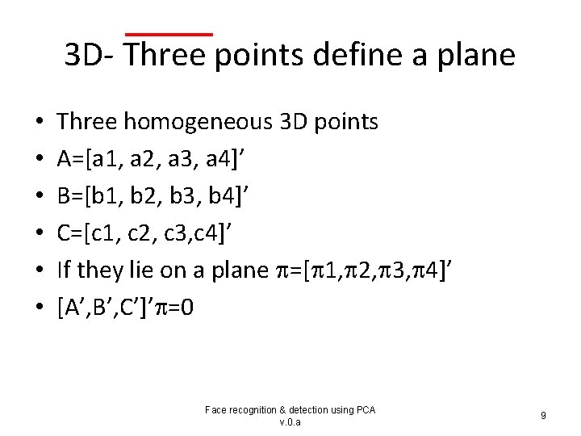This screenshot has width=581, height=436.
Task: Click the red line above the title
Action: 169,34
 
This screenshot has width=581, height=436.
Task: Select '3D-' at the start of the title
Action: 91,55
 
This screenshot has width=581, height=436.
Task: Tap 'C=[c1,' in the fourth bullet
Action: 87,233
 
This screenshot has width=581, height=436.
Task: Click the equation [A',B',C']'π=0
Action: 125,308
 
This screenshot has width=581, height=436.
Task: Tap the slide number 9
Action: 543,416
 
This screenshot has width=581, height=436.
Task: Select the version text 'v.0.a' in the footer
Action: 290,422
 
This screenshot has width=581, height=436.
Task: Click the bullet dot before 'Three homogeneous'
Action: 40,123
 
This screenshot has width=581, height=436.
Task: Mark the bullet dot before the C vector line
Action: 40,234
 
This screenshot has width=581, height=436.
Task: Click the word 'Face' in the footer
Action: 216,410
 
